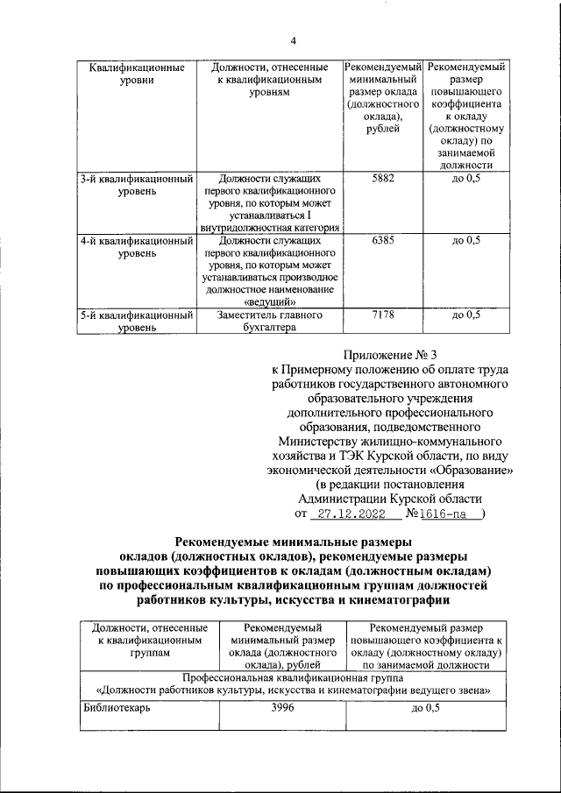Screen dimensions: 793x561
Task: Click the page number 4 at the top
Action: pos(294,41)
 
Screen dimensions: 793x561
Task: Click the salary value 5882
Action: pos(382,178)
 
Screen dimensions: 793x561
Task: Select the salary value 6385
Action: pos(382,240)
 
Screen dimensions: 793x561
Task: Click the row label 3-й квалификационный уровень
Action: pos(136,184)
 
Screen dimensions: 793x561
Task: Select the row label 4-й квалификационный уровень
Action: pos(136,246)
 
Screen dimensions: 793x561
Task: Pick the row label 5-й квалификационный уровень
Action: pos(136,321)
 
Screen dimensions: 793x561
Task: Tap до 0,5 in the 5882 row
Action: pos(465,178)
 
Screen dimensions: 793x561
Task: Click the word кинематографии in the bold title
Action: pos(400,600)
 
